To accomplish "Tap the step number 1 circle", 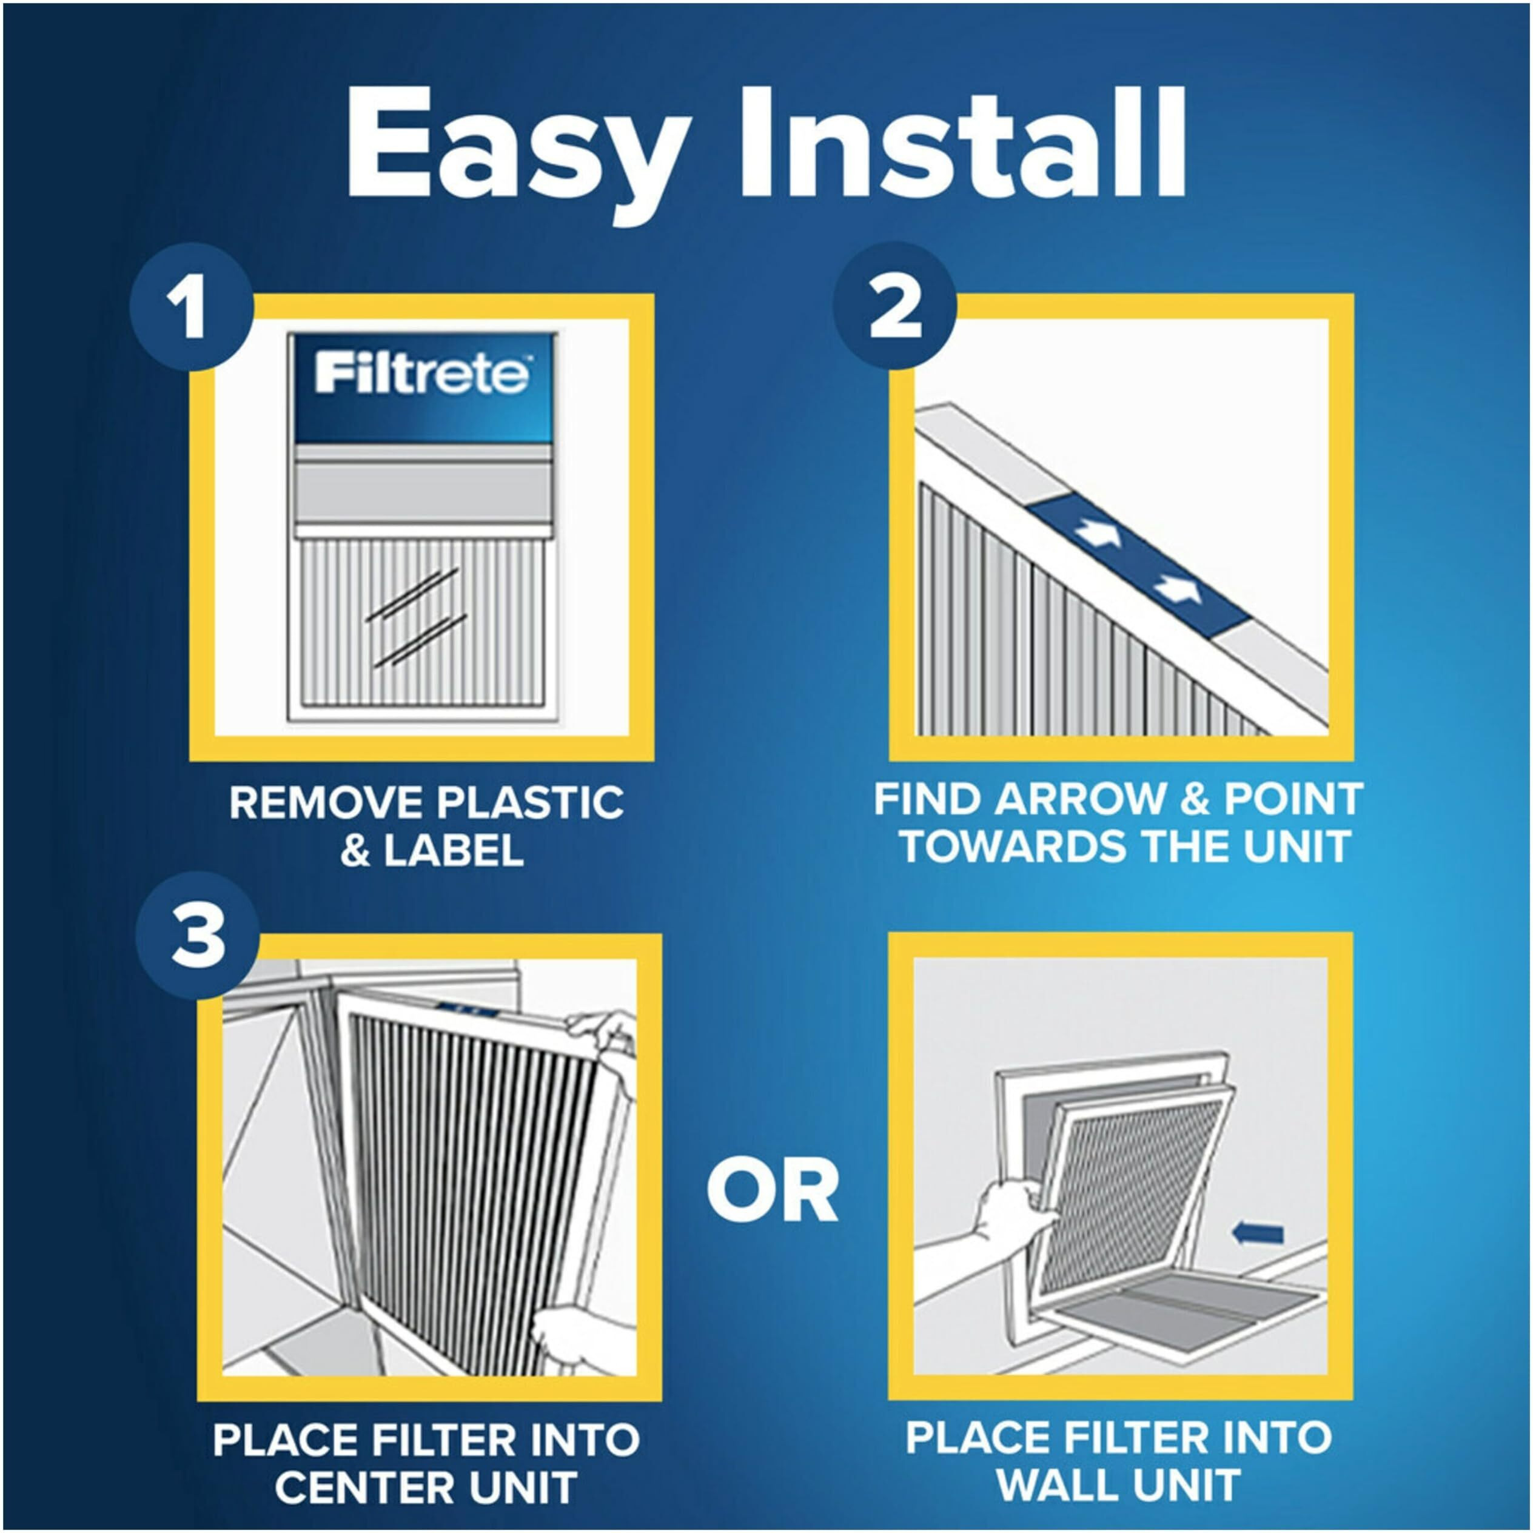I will pos(190,309).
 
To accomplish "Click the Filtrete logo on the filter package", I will pos(421,374).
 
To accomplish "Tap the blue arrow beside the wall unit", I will pos(1258,1232).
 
